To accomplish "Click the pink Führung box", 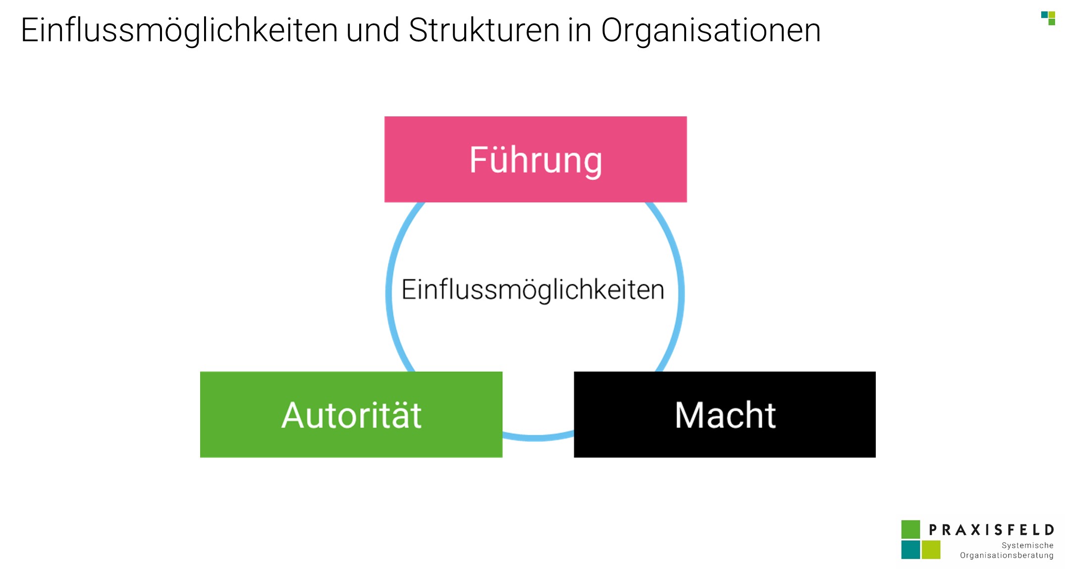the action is click(x=535, y=159).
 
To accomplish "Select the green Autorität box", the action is click(x=351, y=414).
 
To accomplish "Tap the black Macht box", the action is click(x=725, y=414).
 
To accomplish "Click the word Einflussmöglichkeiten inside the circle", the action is click(x=532, y=290).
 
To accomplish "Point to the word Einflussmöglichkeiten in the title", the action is click(x=179, y=31).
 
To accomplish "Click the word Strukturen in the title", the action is click(x=484, y=30).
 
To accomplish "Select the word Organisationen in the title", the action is click(x=711, y=31).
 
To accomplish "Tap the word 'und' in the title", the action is click(x=373, y=30).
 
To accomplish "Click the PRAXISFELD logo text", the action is click(x=991, y=530).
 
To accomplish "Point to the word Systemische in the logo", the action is click(x=1027, y=545).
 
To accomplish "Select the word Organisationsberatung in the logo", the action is click(x=1007, y=556).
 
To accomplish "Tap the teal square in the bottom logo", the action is click(x=910, y=550).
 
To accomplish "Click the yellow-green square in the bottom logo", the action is click(x=931, y=550).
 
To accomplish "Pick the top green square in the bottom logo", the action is click(x=910, y=529).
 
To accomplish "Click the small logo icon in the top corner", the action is click(x=1048, y=18).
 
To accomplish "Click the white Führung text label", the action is click(x=535, y=160).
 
